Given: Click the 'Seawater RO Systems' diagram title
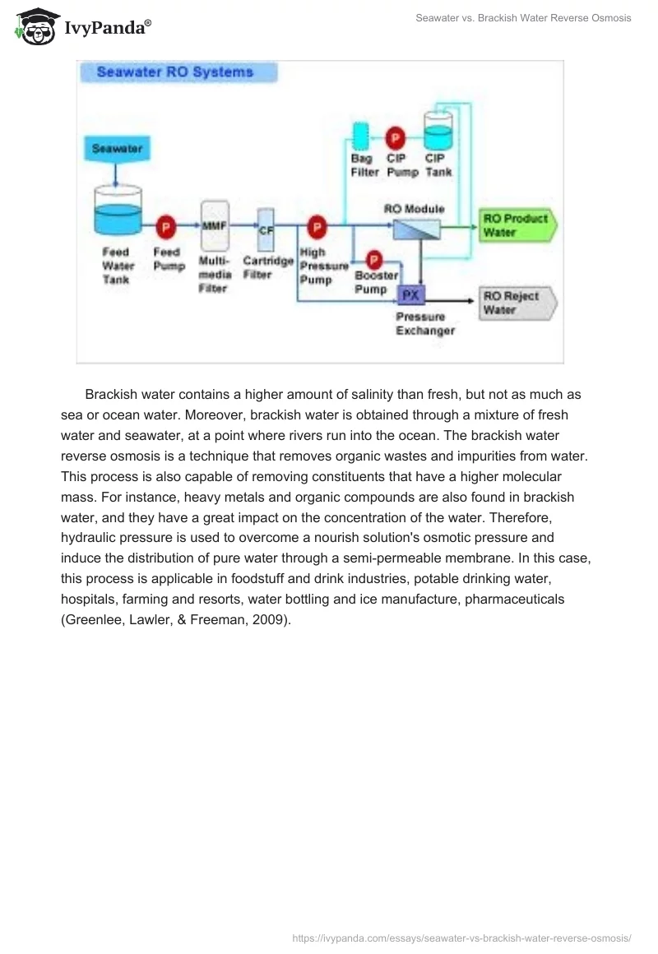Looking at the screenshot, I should click(x=174, y=72).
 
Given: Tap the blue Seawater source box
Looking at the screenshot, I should click(x=117, y=150).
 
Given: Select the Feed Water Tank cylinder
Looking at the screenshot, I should click(x=118, y=212).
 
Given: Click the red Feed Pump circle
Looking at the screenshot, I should click(x=166, y=225).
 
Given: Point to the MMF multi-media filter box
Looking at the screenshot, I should click(x=214, y=223).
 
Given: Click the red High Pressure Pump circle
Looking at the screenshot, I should click(x=316, y=225).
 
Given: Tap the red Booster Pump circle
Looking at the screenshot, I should click(x=373, y=260).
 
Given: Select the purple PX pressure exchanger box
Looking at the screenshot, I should click(x=410, y=294).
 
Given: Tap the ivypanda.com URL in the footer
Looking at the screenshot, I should click(x=461, y=937).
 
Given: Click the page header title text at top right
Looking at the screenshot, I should click(x=523, y=18).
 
